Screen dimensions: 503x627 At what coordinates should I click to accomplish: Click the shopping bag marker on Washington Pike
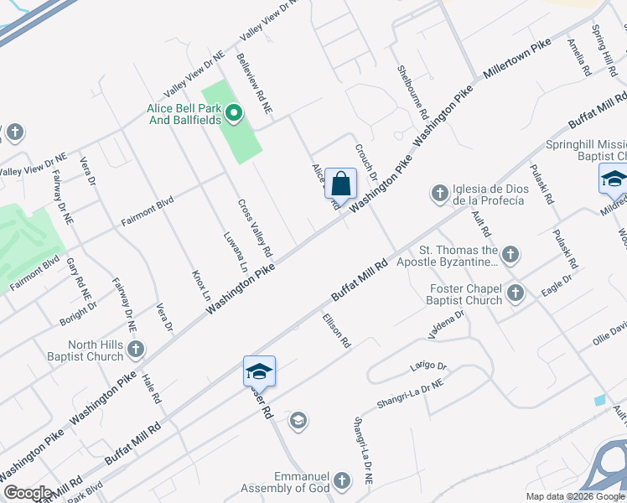pyautogui.click(x=340, y=183)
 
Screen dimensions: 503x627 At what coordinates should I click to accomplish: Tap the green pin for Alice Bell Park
pyautogui.click(x=235, y=112)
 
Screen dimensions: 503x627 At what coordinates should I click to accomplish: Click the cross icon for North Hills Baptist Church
pyautogui.click(x=136, y=350)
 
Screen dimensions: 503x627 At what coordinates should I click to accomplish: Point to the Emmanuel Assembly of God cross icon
pyautogui.click(x=340, y=480)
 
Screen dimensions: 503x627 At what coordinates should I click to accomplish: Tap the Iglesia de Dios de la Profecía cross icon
pyautogui.click(x=438, y=194)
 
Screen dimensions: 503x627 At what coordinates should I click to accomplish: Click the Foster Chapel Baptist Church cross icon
pyautogui.click(x=515, y=293)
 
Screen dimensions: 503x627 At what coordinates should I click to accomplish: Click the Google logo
pyautogui.click(x=27, y=493)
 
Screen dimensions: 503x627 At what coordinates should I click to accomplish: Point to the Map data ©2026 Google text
pyautogui.click(x=574, y=495)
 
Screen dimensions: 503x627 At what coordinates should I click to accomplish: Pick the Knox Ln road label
pyautogui.click(x=201, y=285)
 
